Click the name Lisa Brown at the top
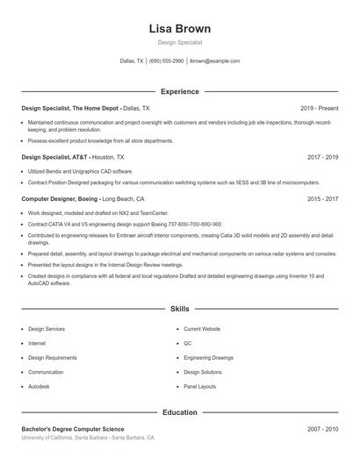click(180, 28)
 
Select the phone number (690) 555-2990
click(166, 61)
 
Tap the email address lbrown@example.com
click(215, 61)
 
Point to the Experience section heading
click(180, 91)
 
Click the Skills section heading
click(180, 310)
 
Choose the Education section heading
click(180, 411)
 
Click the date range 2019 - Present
click(319, 108)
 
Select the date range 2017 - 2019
click(322, 157)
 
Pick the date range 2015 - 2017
click(322, 199)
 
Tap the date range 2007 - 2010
click(322, 429)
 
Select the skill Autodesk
click(40, 386)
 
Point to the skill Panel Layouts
click(199, 386)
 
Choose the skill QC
click(187, 343)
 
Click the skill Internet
click(37, 343)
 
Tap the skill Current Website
click(202, 329)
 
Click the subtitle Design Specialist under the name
click(180, 42)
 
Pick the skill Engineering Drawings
click(208, 358)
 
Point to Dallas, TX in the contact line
click(132, 61)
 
